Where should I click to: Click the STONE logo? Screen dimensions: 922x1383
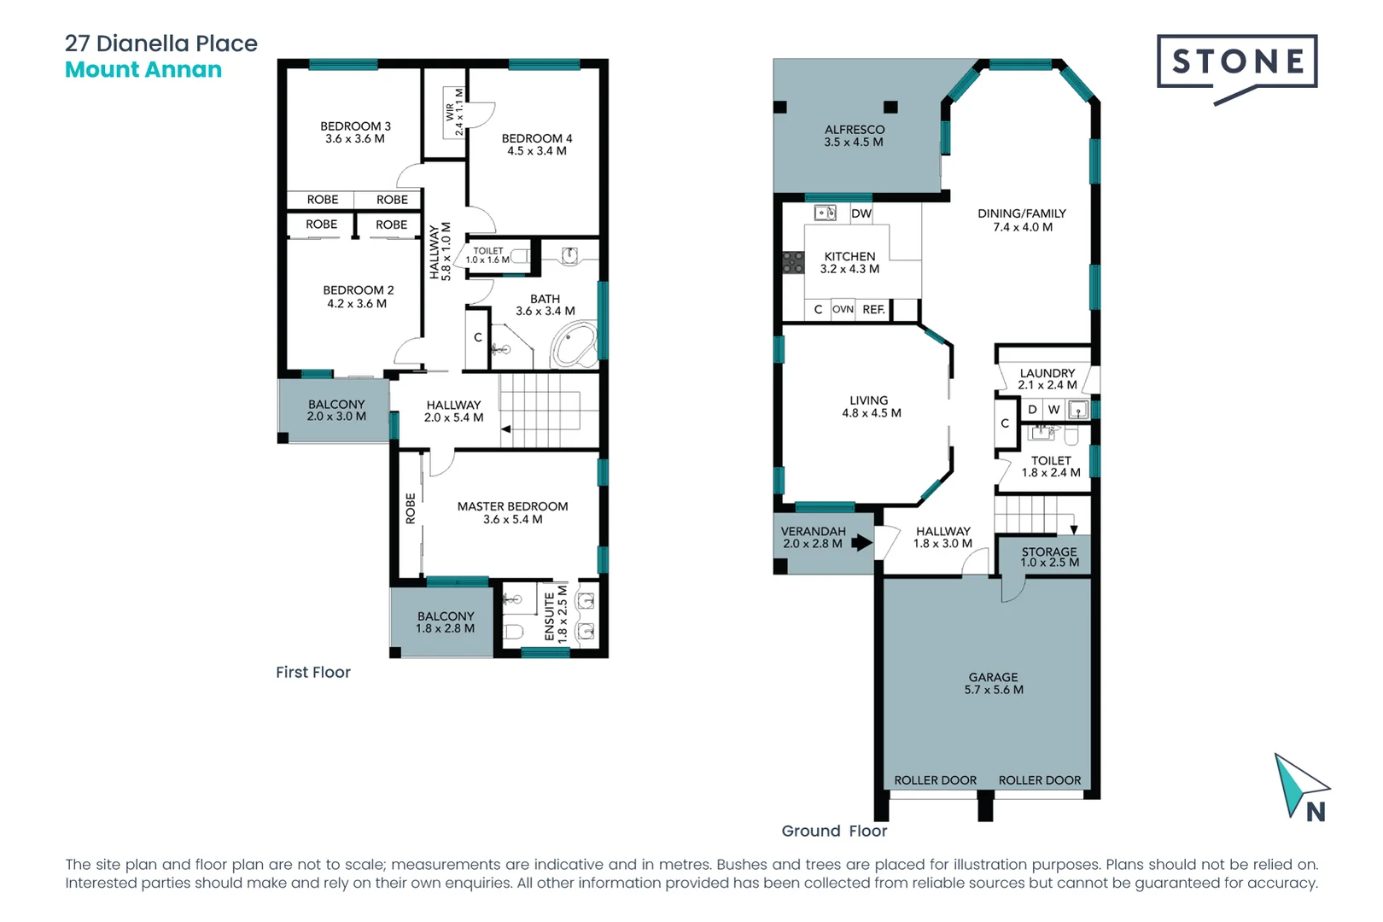[x=1236, y=62]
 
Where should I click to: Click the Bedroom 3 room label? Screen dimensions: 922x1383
[x=355, y=126]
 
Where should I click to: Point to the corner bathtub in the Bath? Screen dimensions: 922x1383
[x=574, y=346]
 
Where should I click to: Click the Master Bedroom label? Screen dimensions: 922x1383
[x=512, y=506]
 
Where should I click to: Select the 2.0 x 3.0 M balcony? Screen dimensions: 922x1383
[x=336, y=411]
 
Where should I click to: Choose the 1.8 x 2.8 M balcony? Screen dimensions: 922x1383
[x=445, y=622]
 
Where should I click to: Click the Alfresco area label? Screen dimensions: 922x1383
[x=854, y=130]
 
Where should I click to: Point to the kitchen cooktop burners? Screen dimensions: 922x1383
[x=793, y=262]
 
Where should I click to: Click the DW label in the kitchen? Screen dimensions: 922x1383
[x=861, y=213]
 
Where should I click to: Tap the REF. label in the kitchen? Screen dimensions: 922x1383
[x=873, y=310]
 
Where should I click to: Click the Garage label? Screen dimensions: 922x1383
[x=993, y=677]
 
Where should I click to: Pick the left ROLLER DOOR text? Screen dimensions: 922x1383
[x=935, y=780]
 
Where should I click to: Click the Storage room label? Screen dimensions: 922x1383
[x=1049, y=551]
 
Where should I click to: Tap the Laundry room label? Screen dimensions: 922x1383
[x=1047, y=373]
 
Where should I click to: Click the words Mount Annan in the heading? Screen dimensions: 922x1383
[x=143, y=70]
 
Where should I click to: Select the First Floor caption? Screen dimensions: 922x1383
[x=313, y=673]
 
